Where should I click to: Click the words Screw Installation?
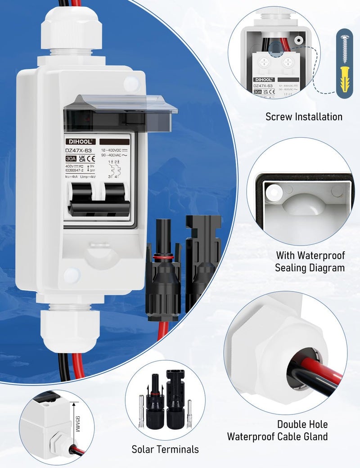click(x=304, y=117)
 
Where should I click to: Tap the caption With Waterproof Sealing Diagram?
click(x=310, y=262)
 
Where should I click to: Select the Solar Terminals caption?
click(x=165, y=449)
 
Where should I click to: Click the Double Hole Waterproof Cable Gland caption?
click(x=277, y=430)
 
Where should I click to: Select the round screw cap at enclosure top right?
click(x=131, y=83)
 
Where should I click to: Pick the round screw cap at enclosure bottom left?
click(x=71, y=276)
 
